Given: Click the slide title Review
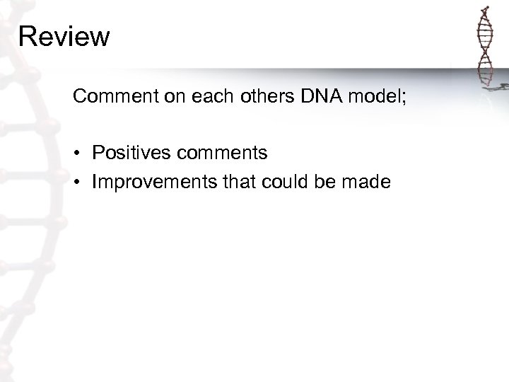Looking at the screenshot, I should (x=64, y=36).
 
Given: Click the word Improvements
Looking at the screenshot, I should (x=146, y=182).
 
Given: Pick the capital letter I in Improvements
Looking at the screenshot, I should (x=95, y=182).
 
